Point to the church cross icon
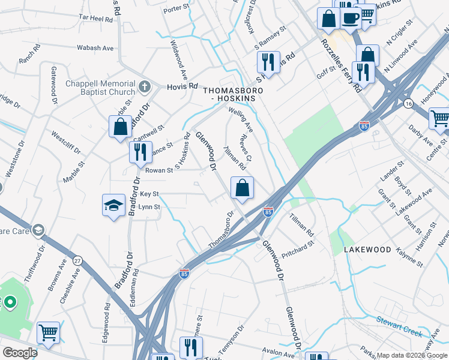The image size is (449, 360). point(144,88)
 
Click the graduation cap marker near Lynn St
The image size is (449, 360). point(113,206)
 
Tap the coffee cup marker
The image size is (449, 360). point(351,17)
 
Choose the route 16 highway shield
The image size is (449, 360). point(408,104)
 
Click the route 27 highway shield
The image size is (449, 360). point(77,260)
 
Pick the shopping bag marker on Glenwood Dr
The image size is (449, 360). point(241,188)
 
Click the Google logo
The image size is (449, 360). point(20,353)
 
